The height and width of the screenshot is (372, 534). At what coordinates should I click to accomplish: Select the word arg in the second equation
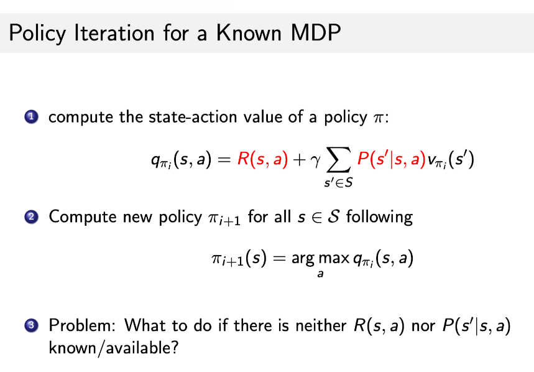[301, 260]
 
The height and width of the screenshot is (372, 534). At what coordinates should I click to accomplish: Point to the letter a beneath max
[320, 274]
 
